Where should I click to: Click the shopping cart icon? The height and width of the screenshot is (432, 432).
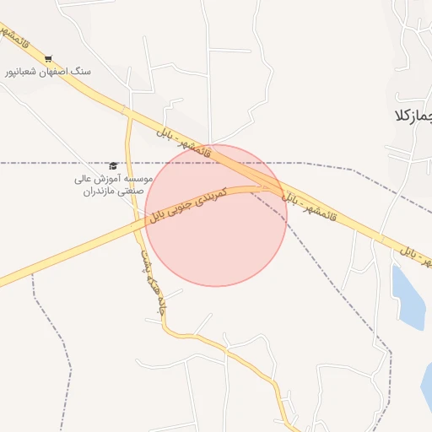coord(48,58)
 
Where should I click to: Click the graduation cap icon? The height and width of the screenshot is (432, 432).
coord(113,165)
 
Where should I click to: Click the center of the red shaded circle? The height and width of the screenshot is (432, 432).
coord(216,215)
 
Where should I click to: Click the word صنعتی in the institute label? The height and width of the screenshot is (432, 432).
coord(127,192)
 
